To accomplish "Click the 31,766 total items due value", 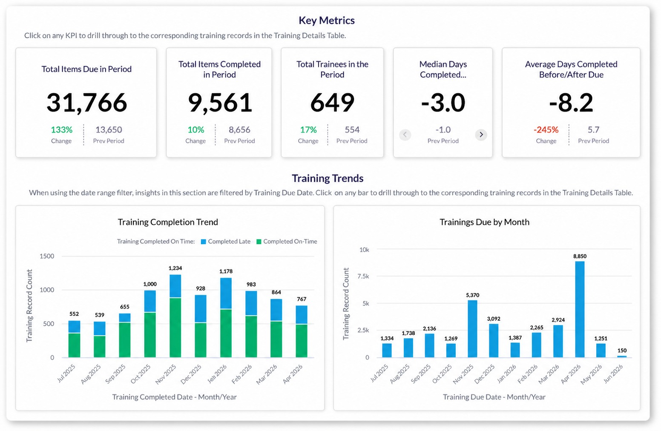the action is [x=87, y=103].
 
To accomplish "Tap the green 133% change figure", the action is [x=61, y=130].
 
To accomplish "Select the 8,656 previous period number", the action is [x=239, y=130].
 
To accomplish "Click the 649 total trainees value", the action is [x=332, y=103].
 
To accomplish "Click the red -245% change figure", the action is [x=546, y=130].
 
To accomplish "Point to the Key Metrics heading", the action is [x=327, y=20].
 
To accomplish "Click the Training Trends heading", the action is [x=328, y=178].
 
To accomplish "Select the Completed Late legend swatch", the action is [x=203, y=242].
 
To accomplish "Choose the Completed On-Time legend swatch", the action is [x=259, y=242].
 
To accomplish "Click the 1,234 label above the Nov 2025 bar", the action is [x=175, y=268].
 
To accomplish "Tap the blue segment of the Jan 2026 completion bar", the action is [x=226, y=293].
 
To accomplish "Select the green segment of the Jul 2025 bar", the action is [x=75, y=345].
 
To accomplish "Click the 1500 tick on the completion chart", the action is [x=47, y=256].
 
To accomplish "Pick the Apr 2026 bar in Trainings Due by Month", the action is [x=580, y=309].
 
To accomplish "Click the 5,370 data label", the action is [x=473, y=295].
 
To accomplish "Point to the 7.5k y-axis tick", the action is [x=363, y=276].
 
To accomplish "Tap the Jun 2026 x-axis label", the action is [x=613, y=373].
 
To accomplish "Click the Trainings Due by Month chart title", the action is [x=485, y=222].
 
